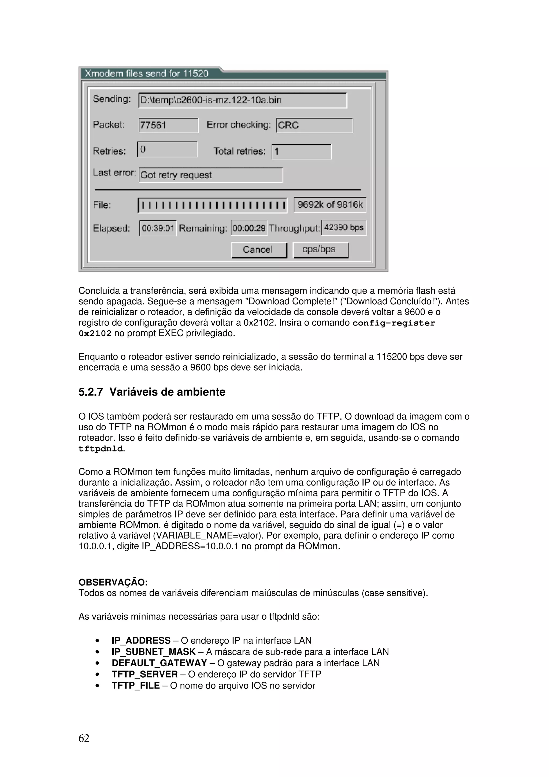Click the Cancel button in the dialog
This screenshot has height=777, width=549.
click(x=259, y=250)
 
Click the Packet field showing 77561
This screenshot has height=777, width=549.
click(x=168, y=125)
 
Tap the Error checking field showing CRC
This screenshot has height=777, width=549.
click(x=314, y=125)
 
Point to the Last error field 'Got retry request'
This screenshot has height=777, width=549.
click(x=210, y=175)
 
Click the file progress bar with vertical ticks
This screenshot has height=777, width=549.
click(x=212, y=205)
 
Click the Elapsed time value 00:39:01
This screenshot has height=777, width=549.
click(x=158, y=228)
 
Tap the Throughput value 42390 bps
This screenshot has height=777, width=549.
click(x=344, y=227)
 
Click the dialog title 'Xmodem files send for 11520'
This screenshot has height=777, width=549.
click(x=146, y=74)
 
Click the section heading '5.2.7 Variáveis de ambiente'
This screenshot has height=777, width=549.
click(x=152, y=392)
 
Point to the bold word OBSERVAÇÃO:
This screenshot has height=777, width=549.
click(x=113, y=582)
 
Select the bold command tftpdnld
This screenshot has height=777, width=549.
click(x=101, y=449)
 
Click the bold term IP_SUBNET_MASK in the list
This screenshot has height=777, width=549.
click(x=154, y=652)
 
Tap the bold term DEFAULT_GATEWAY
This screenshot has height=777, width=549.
click(x=159, y=663)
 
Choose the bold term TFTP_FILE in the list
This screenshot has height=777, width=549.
click(x=136, y=686)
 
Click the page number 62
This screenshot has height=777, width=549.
click(x=84, y=738)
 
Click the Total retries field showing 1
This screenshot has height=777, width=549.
click(x=301, y=151)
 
